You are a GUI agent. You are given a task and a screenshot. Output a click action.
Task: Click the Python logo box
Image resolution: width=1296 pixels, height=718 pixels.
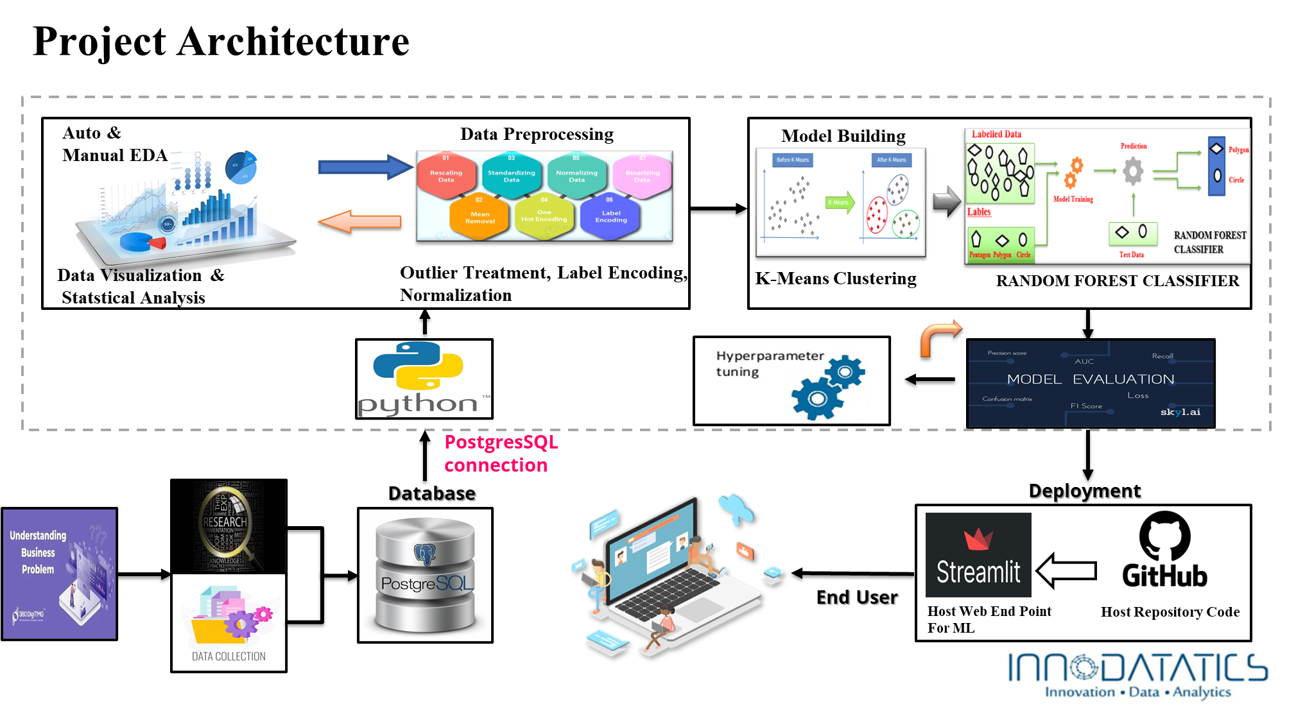coord(424,379)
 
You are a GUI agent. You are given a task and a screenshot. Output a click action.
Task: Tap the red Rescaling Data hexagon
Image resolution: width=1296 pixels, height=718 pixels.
coord(446,176)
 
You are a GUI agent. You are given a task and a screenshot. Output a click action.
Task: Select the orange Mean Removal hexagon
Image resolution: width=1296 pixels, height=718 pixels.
coord(480,217)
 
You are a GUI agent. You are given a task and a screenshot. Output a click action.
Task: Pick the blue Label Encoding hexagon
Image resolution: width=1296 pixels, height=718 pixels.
coord(610,216)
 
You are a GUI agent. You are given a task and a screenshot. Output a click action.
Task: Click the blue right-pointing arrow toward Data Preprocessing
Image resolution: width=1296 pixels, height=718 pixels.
coord(365,167)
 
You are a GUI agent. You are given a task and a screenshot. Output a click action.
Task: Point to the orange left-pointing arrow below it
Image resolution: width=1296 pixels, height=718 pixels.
coord(359,222)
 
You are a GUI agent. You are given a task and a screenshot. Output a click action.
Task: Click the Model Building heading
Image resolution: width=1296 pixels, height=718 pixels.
coord(843,136)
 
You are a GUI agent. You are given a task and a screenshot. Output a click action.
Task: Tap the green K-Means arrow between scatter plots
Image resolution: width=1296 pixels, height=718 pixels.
coord(840,202)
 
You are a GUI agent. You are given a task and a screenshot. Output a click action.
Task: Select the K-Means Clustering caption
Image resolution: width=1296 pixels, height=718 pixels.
coord(835,278)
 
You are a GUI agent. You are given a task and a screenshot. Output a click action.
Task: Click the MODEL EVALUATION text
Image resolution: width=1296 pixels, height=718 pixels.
coord(1090,379)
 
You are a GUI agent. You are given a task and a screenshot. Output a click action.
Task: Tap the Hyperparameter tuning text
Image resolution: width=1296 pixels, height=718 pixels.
coord(769,363)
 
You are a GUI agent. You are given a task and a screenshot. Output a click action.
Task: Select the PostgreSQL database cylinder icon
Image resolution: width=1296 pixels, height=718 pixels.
coord(425,575)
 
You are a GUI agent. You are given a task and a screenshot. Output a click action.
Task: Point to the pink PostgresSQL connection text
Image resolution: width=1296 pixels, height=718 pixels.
coord(501,454)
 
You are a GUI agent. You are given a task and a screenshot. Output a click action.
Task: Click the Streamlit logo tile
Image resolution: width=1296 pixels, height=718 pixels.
coord(978,555)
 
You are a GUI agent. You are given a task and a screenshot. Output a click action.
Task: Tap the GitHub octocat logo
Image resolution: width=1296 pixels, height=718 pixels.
coord(1164,536)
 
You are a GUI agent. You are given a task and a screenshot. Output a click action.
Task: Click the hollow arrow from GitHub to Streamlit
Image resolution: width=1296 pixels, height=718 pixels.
coord(1066,570)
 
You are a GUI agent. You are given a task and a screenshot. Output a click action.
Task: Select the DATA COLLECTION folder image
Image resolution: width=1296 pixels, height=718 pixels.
coord(229,622)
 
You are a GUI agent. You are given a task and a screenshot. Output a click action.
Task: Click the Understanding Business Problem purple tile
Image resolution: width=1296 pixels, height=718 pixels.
coord(59,574)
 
